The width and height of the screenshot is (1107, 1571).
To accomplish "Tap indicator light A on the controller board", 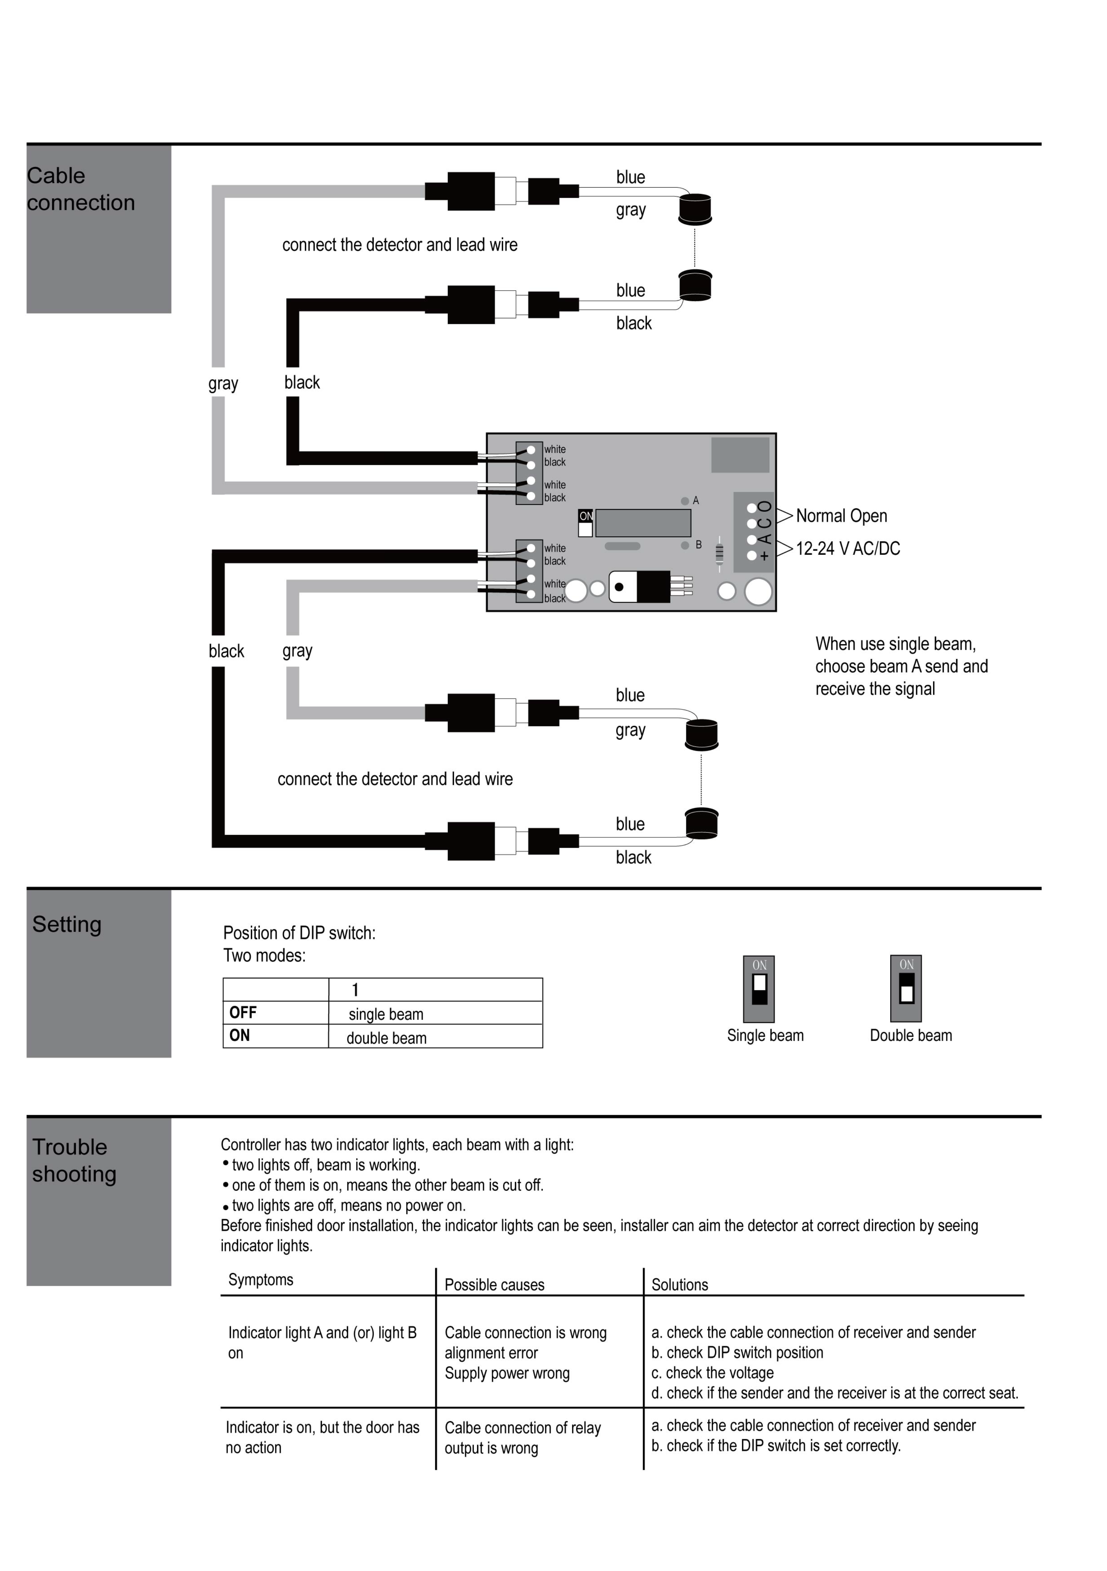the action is pyautogui.click(x=685, y=501).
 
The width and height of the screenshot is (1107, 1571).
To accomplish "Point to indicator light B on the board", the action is pyautogui.click(x=685, y=545).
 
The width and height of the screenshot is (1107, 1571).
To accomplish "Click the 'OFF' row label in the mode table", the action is pyautogui.click(x=243, y=1013).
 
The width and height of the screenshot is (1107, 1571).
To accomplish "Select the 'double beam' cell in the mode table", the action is pyautogui.click(x=387, y=1038).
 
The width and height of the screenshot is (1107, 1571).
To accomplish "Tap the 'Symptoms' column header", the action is pyautogui.click(x=261, y=1280).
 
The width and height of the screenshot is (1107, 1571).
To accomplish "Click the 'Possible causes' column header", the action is pyautogui.click(x=495, y=1285).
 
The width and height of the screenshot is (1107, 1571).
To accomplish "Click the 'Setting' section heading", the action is pyautogui.click(x=67, y=925).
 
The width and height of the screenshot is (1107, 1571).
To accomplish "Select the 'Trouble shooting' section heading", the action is pyautogui.click(x=74, y=1161).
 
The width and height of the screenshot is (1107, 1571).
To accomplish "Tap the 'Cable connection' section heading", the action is pyautogui.click(x=81, y=189).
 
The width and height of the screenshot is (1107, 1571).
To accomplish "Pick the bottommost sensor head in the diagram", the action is pyautogui.click(x=701, y=824).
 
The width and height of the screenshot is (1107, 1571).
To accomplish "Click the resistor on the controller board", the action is pyautogui.click(x=719, y=553).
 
